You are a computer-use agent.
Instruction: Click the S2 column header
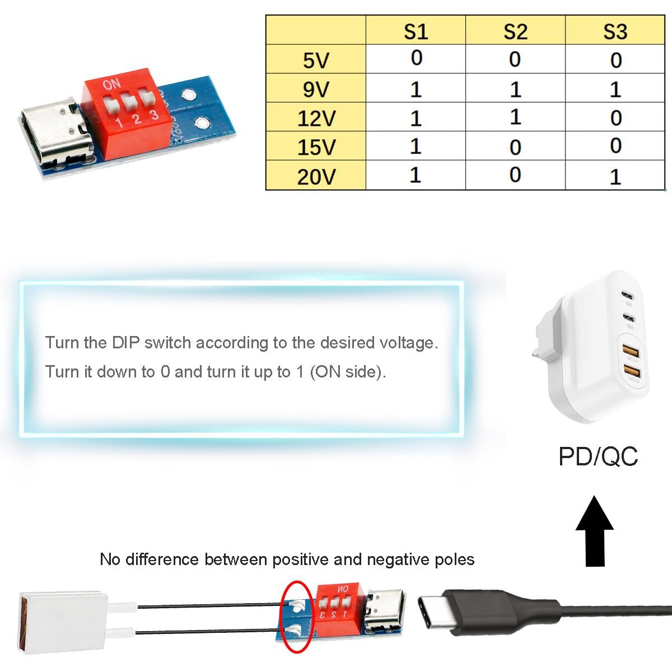pos(515,32)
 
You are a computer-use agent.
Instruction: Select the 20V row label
pos(316,177)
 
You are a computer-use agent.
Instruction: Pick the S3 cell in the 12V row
pos(615,118)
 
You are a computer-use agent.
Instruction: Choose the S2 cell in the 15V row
pos(515,147)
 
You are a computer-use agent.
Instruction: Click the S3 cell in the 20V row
pos(615,177)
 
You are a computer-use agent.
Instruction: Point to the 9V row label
pos(316,90)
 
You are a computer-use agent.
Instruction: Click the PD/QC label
pos(598,456)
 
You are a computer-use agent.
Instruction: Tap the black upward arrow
pos(595,531)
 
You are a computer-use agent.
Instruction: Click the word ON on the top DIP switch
pos(111,85)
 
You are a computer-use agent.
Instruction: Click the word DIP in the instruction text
pos(125,343)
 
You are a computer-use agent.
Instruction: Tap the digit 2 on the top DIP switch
pos(137,119)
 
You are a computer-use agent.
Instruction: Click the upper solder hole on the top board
pos(188,94)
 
